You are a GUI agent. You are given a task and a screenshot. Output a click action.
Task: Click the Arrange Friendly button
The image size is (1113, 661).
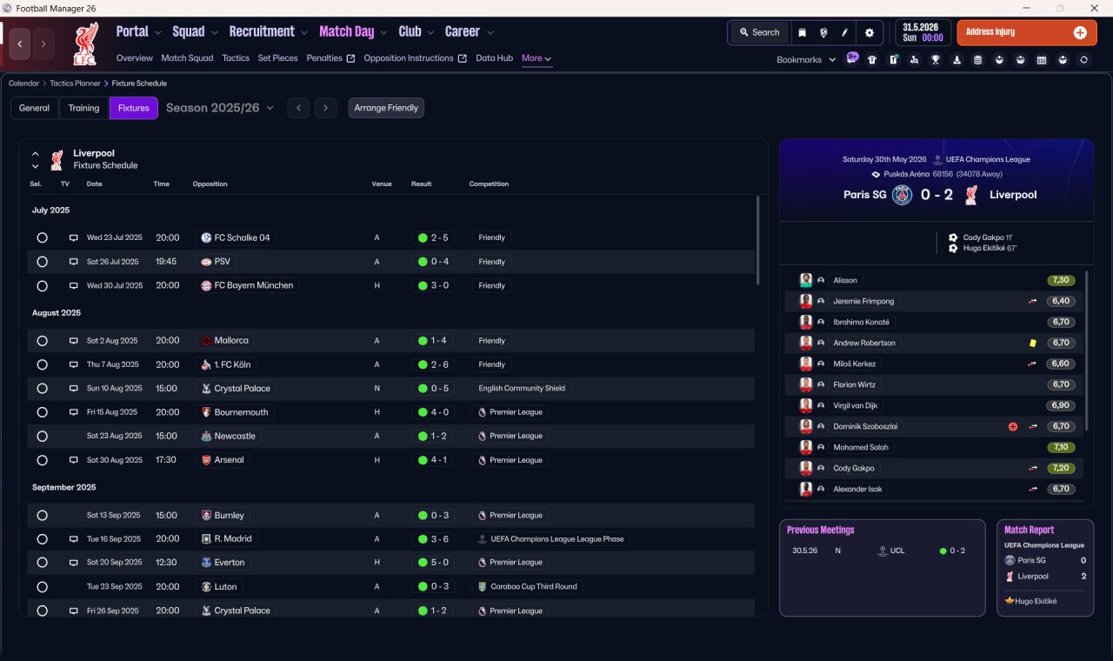[386, 108]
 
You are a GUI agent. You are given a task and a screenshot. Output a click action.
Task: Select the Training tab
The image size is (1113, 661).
[83, 108]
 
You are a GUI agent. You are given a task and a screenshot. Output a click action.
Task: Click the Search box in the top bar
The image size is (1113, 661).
[759, 32]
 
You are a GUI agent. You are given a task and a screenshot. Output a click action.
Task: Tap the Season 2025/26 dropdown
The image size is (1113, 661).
[220, 108]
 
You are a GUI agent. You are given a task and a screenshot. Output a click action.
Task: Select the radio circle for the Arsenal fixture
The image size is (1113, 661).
[43, 460]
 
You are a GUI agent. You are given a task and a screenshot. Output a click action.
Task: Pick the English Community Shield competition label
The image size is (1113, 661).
[522, 388]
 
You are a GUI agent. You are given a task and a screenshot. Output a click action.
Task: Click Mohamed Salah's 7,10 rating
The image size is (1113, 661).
[1061, 447]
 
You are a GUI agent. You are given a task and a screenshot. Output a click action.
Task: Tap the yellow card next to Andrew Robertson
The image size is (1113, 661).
[1033, 343]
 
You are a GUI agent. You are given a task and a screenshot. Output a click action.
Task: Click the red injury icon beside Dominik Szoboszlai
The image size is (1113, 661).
[1013, 426]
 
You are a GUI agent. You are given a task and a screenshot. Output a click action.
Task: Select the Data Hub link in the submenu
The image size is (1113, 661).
[495, 58]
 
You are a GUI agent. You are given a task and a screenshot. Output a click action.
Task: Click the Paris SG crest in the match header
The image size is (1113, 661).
[902, 195]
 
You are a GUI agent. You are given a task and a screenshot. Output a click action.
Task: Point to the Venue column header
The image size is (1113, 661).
[382, 184]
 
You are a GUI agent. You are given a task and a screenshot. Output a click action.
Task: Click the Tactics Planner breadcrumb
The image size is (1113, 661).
[75, 83]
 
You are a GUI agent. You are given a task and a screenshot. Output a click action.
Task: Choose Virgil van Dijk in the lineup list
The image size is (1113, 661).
[855, 405]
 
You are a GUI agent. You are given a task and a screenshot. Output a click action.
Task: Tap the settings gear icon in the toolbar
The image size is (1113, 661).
[869, 33]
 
